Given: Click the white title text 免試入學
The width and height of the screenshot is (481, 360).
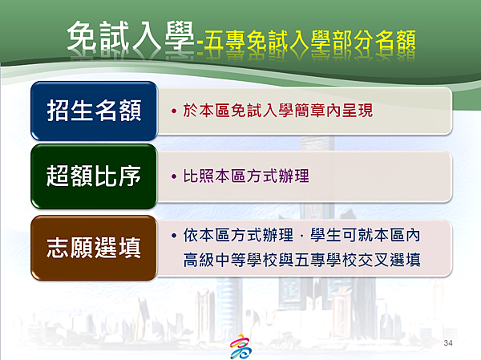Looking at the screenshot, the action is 131,36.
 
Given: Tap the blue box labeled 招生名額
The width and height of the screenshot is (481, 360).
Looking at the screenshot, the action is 94,111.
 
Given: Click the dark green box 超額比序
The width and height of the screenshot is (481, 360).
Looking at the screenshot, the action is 94,176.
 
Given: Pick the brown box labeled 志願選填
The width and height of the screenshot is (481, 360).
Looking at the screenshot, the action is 94,248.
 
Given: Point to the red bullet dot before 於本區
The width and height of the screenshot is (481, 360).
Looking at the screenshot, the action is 174,111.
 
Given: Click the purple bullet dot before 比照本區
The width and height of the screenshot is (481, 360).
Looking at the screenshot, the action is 174,176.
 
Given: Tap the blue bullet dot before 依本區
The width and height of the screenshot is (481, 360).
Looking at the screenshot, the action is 174,236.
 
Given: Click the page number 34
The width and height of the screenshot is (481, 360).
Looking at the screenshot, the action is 448,343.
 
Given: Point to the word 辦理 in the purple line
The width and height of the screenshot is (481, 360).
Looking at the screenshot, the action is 293,176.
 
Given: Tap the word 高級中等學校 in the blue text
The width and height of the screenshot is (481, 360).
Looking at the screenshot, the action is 231,260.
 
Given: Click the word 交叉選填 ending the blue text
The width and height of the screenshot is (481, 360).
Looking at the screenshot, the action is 389,260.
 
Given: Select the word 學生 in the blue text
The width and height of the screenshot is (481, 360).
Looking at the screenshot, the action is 325,236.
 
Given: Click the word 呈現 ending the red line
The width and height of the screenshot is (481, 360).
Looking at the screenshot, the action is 358,111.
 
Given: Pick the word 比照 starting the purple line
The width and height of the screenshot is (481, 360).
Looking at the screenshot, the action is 199,176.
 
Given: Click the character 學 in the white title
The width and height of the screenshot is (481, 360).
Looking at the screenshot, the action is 180,36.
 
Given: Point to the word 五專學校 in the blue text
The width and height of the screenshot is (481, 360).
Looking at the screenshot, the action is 325,260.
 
